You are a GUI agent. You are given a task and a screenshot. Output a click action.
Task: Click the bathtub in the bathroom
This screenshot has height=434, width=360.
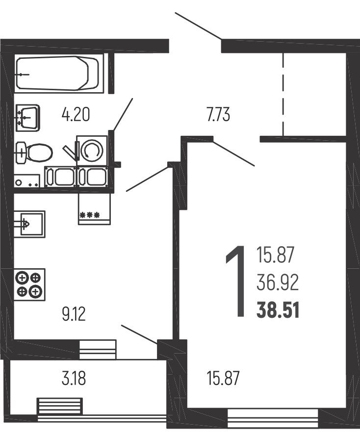(x=57, y=73)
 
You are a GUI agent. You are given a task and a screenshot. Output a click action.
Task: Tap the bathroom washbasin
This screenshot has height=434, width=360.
(x=27, y=118)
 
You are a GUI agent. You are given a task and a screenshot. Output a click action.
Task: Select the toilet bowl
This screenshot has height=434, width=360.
(x=34, y=153)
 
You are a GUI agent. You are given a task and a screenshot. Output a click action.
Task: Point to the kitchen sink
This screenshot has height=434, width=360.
(x=29, y=224)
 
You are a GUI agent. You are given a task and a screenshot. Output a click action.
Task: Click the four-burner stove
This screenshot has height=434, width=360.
(x=29, y=284)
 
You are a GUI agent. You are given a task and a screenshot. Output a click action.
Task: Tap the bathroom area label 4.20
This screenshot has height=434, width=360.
(x=76, y=115)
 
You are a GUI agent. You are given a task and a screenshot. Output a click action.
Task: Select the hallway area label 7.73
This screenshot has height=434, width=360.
(x=218, y=115)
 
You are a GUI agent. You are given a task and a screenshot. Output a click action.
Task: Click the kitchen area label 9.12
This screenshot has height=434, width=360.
(x=74, y=314)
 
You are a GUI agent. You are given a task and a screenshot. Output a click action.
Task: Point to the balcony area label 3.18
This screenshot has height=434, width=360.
(x=74, y=379)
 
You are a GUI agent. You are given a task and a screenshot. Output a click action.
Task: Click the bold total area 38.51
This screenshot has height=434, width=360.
(x=278, y=310)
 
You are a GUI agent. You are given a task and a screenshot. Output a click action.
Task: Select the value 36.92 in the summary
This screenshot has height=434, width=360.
(x=278, y=282)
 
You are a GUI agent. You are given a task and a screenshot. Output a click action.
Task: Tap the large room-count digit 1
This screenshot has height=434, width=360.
(x=236, y=281)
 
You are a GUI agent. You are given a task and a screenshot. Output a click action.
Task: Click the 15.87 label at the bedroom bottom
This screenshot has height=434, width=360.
(x=223, y=379)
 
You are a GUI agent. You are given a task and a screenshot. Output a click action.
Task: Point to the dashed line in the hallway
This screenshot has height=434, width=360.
(x=283, y=94)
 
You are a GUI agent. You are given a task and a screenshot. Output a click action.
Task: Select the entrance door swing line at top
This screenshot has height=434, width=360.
(x=198, y=26)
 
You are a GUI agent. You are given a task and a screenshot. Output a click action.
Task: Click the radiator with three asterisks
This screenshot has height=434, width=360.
(x=95, y=209)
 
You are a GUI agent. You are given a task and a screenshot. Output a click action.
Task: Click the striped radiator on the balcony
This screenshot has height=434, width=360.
(x=60, y=407)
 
